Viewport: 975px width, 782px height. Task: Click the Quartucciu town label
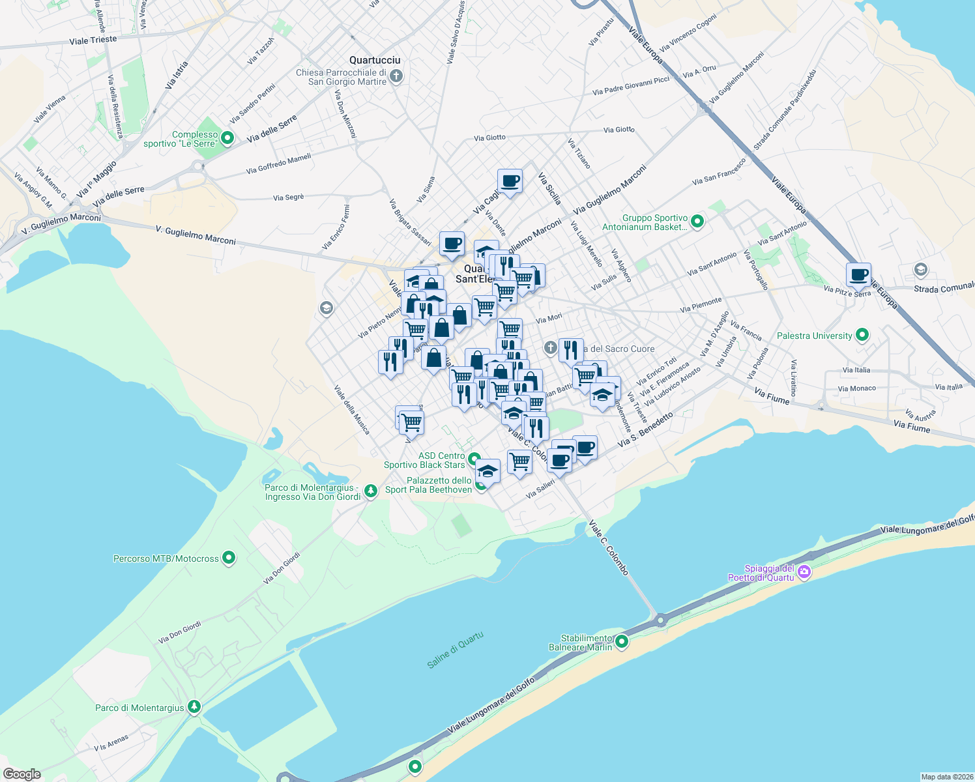click(375, 60)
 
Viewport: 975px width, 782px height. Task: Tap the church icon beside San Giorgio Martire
click(396, 77)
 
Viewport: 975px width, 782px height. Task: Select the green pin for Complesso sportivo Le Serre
click(227, 138)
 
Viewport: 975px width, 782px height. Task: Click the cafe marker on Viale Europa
click(858, 275)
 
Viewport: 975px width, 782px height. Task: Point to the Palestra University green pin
click(862, 336)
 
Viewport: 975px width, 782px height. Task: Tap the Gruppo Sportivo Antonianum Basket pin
click(697, 222)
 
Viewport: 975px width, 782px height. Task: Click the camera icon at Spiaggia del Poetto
click(804, 572)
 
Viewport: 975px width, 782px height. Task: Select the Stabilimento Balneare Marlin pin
click(622, 642)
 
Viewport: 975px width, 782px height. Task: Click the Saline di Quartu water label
click(455, 650)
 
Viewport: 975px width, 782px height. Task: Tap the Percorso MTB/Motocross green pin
click(229, 558)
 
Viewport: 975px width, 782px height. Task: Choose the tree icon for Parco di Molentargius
click(194, 707)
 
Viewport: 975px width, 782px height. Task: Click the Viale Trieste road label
click(93, 40)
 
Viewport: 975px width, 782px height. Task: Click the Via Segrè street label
click(289, 197)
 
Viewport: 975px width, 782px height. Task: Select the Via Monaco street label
click(856, 388)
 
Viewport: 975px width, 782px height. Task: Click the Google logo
click(22, 774)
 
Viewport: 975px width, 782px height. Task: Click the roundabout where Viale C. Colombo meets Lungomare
click(661, 620)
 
